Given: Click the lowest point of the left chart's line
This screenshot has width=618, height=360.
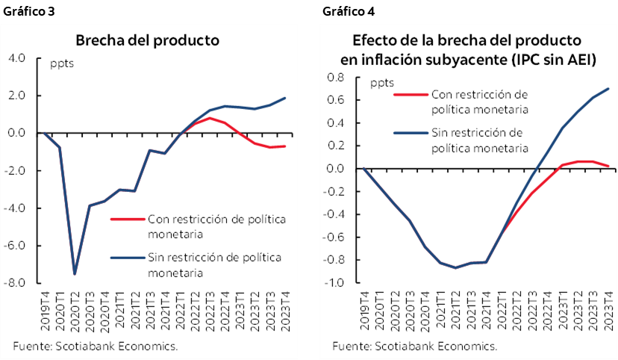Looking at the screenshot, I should pyautogui.click(x=75, y=274).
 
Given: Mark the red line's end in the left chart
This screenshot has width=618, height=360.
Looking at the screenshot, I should pyautogui.click(x=284, y=146).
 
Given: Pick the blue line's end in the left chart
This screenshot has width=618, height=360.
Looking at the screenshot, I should pyautogui.click(x=284, y=98).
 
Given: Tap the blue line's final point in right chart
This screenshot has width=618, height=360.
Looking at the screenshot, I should pyautogui.click(x=608, y=89).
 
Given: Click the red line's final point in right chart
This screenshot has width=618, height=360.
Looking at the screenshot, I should pyautogui.click(x=608, y=166).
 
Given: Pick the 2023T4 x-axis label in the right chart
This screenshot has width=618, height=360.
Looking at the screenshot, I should pyautogui.click(x=608, y=313).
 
